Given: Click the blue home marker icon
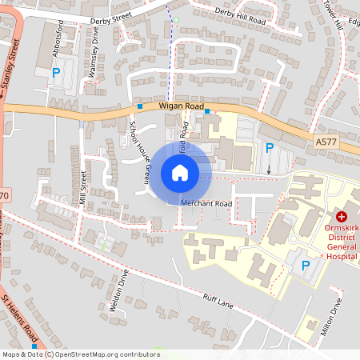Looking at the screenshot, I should [x=179, y=172].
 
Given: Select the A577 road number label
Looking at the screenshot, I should [x=326, y=142].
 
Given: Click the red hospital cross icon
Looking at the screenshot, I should [x=341, y=217].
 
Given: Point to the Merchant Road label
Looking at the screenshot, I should [x=206, y=204].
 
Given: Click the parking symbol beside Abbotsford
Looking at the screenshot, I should [x=56, y=74].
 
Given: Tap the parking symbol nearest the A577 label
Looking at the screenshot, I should [x=270, y=148].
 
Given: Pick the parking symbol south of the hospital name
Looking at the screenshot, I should [x=305, y=265].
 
